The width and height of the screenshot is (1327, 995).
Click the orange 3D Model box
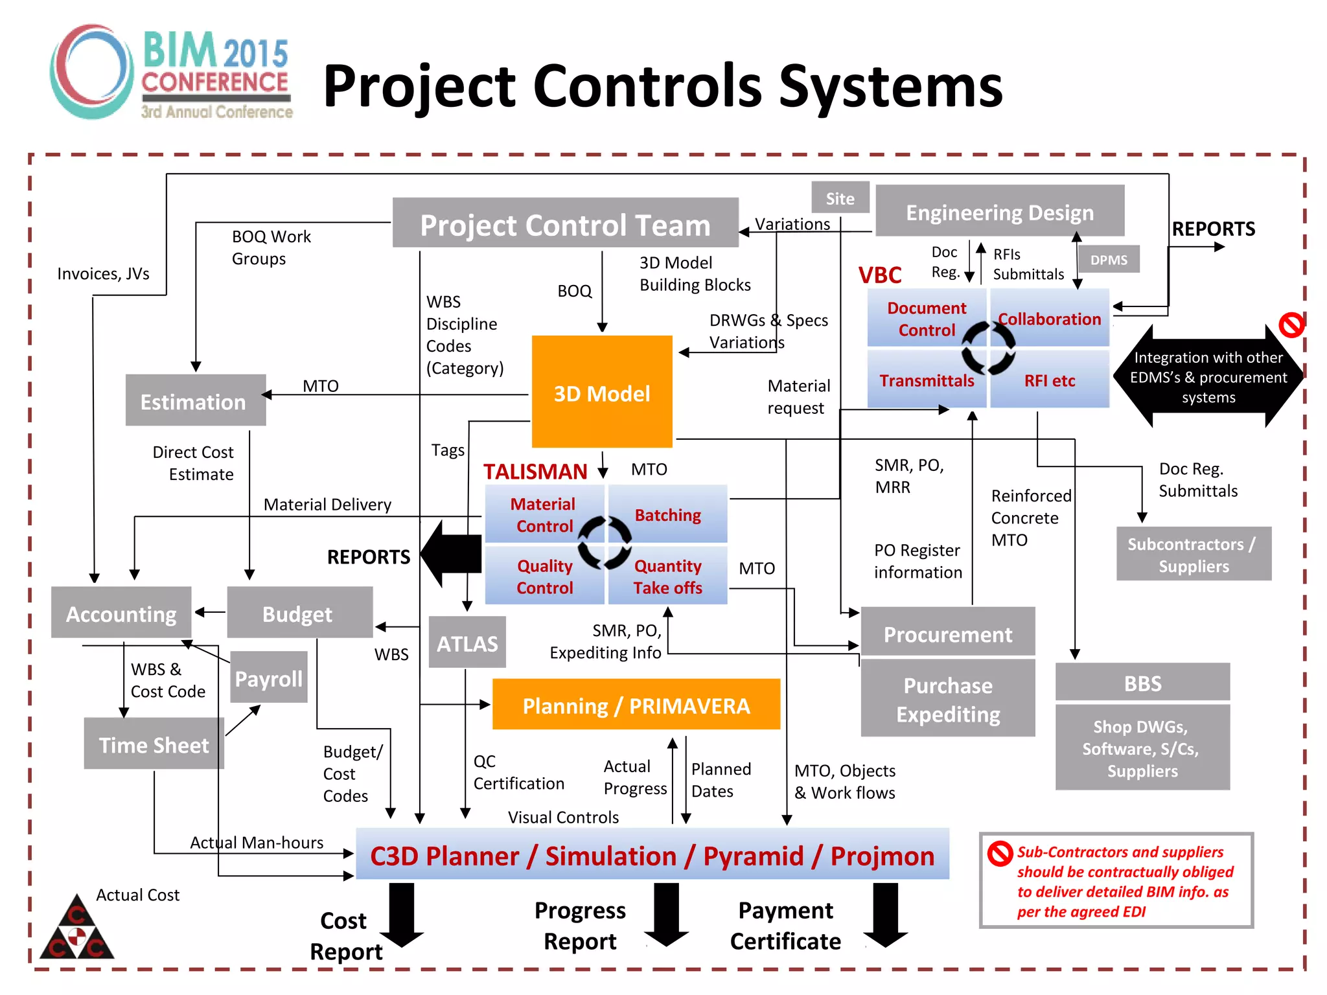[602, 392]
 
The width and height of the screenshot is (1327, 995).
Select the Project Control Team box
[565, 223]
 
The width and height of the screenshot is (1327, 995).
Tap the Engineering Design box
[999, 211]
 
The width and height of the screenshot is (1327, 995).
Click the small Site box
[840, 198]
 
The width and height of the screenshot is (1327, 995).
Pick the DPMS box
[1108, 259]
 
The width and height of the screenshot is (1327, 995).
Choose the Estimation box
[195, 400]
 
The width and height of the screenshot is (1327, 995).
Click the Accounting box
[121, 613]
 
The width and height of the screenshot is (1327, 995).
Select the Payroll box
[268, 678]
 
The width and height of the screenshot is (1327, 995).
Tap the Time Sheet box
[154, 744]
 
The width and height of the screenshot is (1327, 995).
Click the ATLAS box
[467, 643]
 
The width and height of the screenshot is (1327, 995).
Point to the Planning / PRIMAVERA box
[636, 705]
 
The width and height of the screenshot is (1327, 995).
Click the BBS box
[1142, 682]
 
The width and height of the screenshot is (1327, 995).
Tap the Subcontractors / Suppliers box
[1194, 555]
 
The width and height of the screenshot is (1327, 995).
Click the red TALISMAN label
[535, 471]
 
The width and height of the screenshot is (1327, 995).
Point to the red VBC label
[880, 275]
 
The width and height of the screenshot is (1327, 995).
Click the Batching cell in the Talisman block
[667, 514]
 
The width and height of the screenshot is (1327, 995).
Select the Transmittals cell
[926, 380]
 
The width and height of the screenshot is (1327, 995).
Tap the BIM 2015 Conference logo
[172, 72]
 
